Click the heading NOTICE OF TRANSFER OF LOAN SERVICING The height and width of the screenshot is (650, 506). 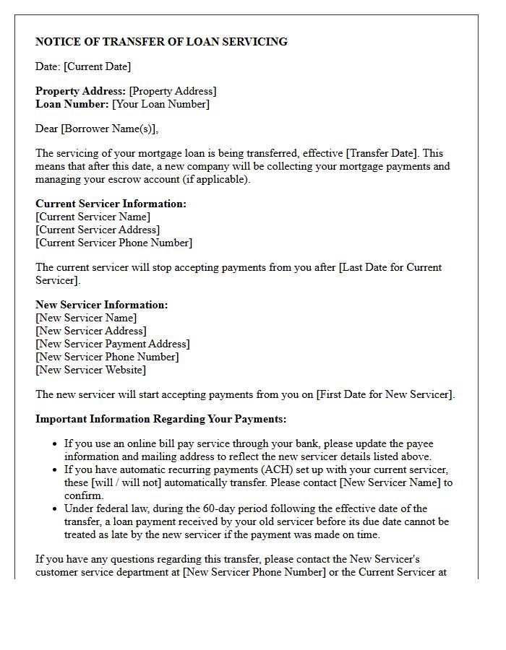point(161,42)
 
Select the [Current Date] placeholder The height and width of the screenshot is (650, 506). point(97,66)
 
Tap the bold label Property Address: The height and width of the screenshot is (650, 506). point(80,91)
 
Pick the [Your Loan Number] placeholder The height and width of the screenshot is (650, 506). point(160,104)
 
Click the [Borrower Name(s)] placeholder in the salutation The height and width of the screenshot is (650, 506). point(108,129)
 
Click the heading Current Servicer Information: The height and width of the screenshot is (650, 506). point(111,204)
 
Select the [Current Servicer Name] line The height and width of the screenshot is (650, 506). point(93,217)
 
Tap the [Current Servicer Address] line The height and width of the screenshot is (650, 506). point(98,230)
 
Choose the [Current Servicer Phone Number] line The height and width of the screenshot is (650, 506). point(113,243)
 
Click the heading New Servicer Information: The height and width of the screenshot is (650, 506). point(101,305)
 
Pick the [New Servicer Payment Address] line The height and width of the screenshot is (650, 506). point(113,344)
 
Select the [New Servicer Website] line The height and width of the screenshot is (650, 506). point(90,370)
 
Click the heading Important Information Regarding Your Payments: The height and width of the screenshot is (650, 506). point(160,419)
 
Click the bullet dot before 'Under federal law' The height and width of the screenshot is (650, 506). point(55,508)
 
